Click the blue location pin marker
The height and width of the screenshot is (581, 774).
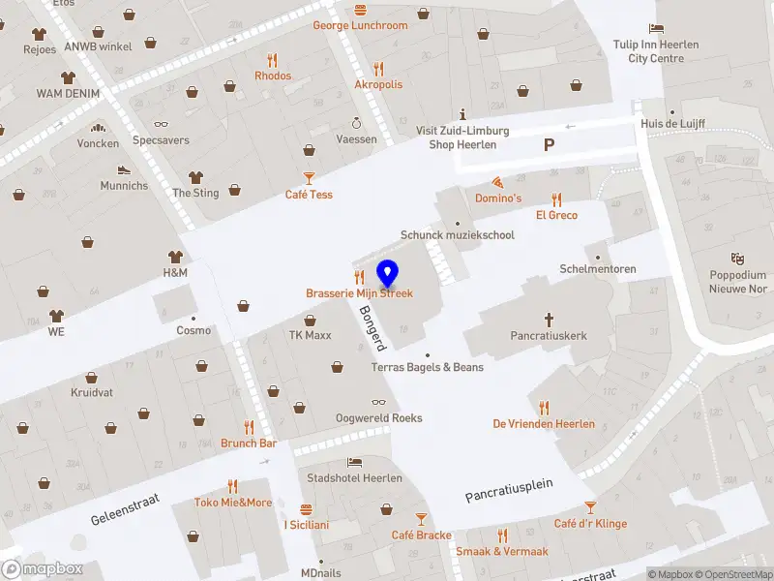pyautogui.click(x=387, y=274)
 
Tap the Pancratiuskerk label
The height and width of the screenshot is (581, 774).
pyautogui.click(x=549, y=335)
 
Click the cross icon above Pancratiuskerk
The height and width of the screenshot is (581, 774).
pyautogui.click(x=549, y=319)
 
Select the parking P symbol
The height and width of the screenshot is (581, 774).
pyautogui.click(x=549, y=145)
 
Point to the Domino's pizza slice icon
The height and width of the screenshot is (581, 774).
pyautogui.click(x=498, y=182)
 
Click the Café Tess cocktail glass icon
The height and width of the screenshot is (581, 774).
pyautogui.click(x=309, y=177)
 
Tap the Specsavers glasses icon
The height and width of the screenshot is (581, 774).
pyautogui.click(x=161, y=124)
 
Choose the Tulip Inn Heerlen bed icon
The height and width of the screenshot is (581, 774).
pyautogui.click(x=656, y=27)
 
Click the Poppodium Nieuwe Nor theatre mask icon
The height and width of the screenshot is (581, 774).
pyautogui.click(x=737, y=259)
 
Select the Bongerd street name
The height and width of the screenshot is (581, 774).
pyautogui.click(x=372, y=328)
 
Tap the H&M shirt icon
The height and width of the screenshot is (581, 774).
pyautogui.click(x=175, y=257)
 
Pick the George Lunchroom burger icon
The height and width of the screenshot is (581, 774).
pyautogui.click(x=360, y=10)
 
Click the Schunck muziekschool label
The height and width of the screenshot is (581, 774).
pyautogui.click(x=458, y=235)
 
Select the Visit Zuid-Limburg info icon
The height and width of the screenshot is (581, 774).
pyautogui.click(x=462, y=114)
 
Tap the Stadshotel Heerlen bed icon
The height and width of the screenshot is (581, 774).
pyautogui.click(x=355, y=462)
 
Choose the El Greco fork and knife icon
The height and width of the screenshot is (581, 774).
pyautogui.click(x=556, y=199)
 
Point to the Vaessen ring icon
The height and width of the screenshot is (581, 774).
pyautogui.click(x=356, y=123)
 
